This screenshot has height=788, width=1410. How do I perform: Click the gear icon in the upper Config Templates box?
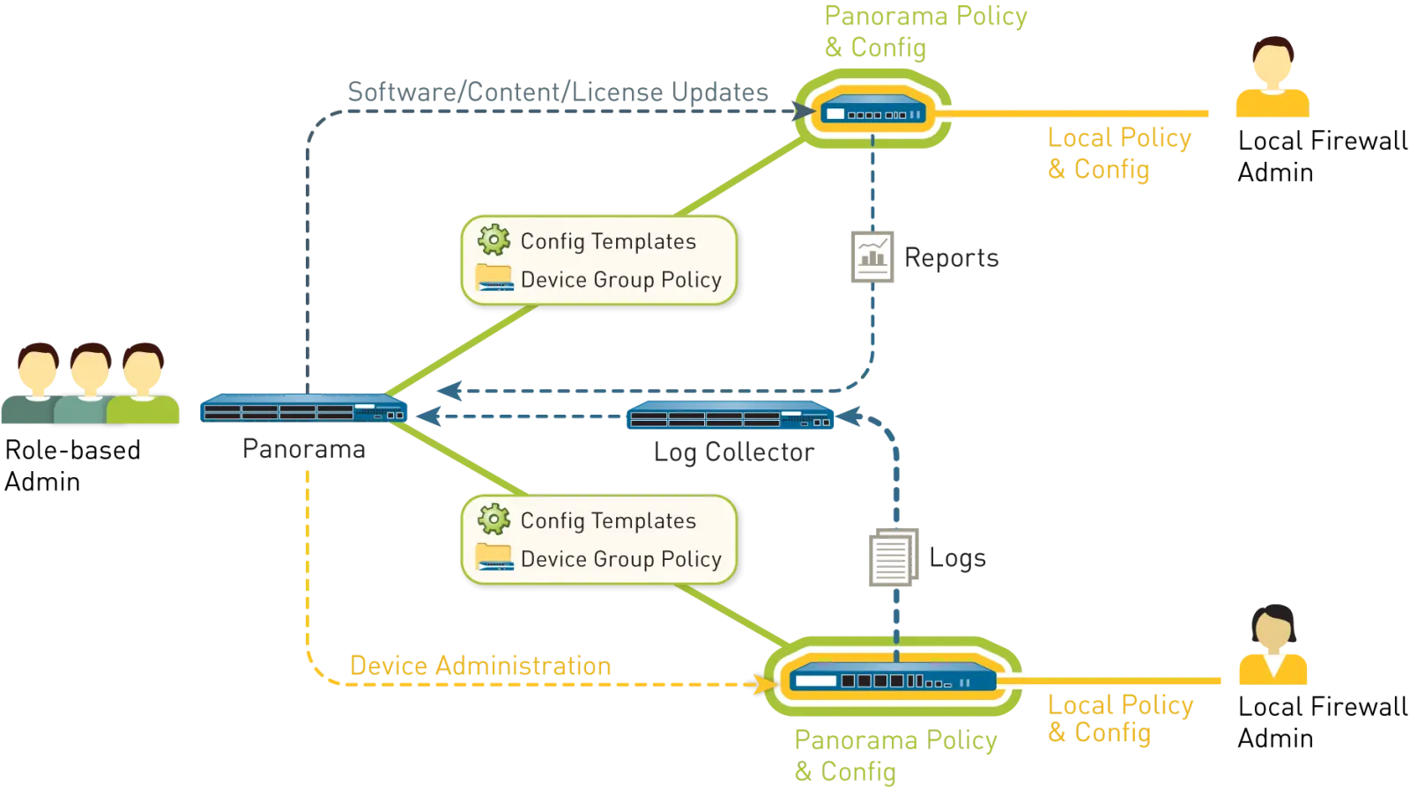tap(493, 239)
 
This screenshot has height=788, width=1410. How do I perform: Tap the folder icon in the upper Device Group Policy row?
tap(493, 278)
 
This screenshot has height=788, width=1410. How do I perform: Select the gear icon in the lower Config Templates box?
tap(493, 519)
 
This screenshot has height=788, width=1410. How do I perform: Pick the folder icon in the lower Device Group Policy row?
tap(493, 557)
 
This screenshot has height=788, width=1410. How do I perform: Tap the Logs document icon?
tap(894, 558)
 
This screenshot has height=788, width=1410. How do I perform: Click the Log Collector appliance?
tap(731, 416)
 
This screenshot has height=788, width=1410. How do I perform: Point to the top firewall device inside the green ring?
tap(873, 114)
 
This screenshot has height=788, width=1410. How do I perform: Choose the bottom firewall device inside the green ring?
tap(893, 680)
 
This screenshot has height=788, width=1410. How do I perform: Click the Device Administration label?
tap(480, 665)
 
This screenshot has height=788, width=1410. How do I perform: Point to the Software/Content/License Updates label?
tap(556, 92)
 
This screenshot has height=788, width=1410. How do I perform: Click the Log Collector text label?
tap(731, 453)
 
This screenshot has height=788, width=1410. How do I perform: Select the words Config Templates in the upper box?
tap(608, 241)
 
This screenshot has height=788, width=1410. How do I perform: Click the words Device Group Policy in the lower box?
tap(620, 559)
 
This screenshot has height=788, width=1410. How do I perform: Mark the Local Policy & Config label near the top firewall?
tap(1119, 152)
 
